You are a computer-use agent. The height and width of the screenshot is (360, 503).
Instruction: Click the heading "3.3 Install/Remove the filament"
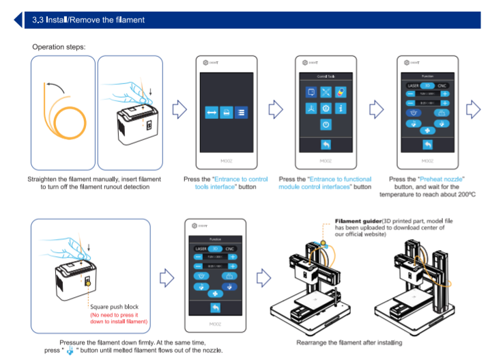(88, 20)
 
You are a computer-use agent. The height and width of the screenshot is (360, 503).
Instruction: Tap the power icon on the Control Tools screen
(326, 125)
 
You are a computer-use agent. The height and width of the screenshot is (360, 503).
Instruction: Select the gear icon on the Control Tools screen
(326, 109)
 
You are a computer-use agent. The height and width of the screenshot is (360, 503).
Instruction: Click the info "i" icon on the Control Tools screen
(341, 109)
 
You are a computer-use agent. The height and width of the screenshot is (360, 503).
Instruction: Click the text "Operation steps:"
(59, 47)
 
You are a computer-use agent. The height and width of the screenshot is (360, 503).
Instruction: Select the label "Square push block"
(115, 307)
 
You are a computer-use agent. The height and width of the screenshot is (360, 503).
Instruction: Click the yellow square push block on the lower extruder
(87, 279)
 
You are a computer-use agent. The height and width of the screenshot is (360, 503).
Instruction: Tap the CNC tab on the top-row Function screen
(442, 86)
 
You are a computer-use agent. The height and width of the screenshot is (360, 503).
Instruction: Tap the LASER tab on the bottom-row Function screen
(201, 249)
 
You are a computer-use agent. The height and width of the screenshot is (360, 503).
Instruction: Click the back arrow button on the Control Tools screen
(326, 146)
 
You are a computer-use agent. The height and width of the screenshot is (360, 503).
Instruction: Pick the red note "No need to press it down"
(119, 318)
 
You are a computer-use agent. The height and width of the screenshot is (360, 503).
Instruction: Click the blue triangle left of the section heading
(18, 20)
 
